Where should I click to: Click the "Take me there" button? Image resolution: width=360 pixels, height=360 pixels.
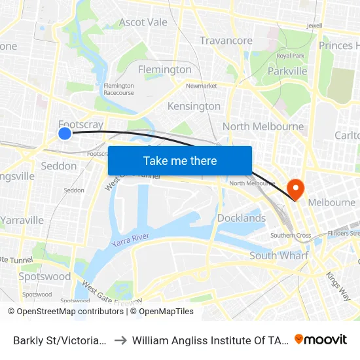tap(180, 161)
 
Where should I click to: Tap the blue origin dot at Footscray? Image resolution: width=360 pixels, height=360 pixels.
tap(65, 134)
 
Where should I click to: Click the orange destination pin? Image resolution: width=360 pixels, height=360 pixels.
tap(296, 189)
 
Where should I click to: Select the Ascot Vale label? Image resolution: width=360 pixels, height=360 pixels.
tap(143, 22)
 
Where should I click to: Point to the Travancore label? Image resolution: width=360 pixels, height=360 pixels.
tap(226, 41)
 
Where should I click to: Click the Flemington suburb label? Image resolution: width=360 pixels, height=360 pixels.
tap(164, 69)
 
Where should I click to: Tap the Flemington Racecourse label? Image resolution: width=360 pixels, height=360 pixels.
tap(118, 89)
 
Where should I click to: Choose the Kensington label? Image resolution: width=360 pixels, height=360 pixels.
tap(194, 106)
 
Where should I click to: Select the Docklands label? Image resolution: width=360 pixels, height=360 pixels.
tap(241, 218)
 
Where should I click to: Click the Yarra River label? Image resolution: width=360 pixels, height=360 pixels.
tap(130, 240)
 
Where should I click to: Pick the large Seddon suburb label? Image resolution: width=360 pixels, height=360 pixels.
tap(59, 166)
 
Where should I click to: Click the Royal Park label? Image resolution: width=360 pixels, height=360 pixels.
tap(291, 56)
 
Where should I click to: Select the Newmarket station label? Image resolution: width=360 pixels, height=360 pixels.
tap(201, 86)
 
